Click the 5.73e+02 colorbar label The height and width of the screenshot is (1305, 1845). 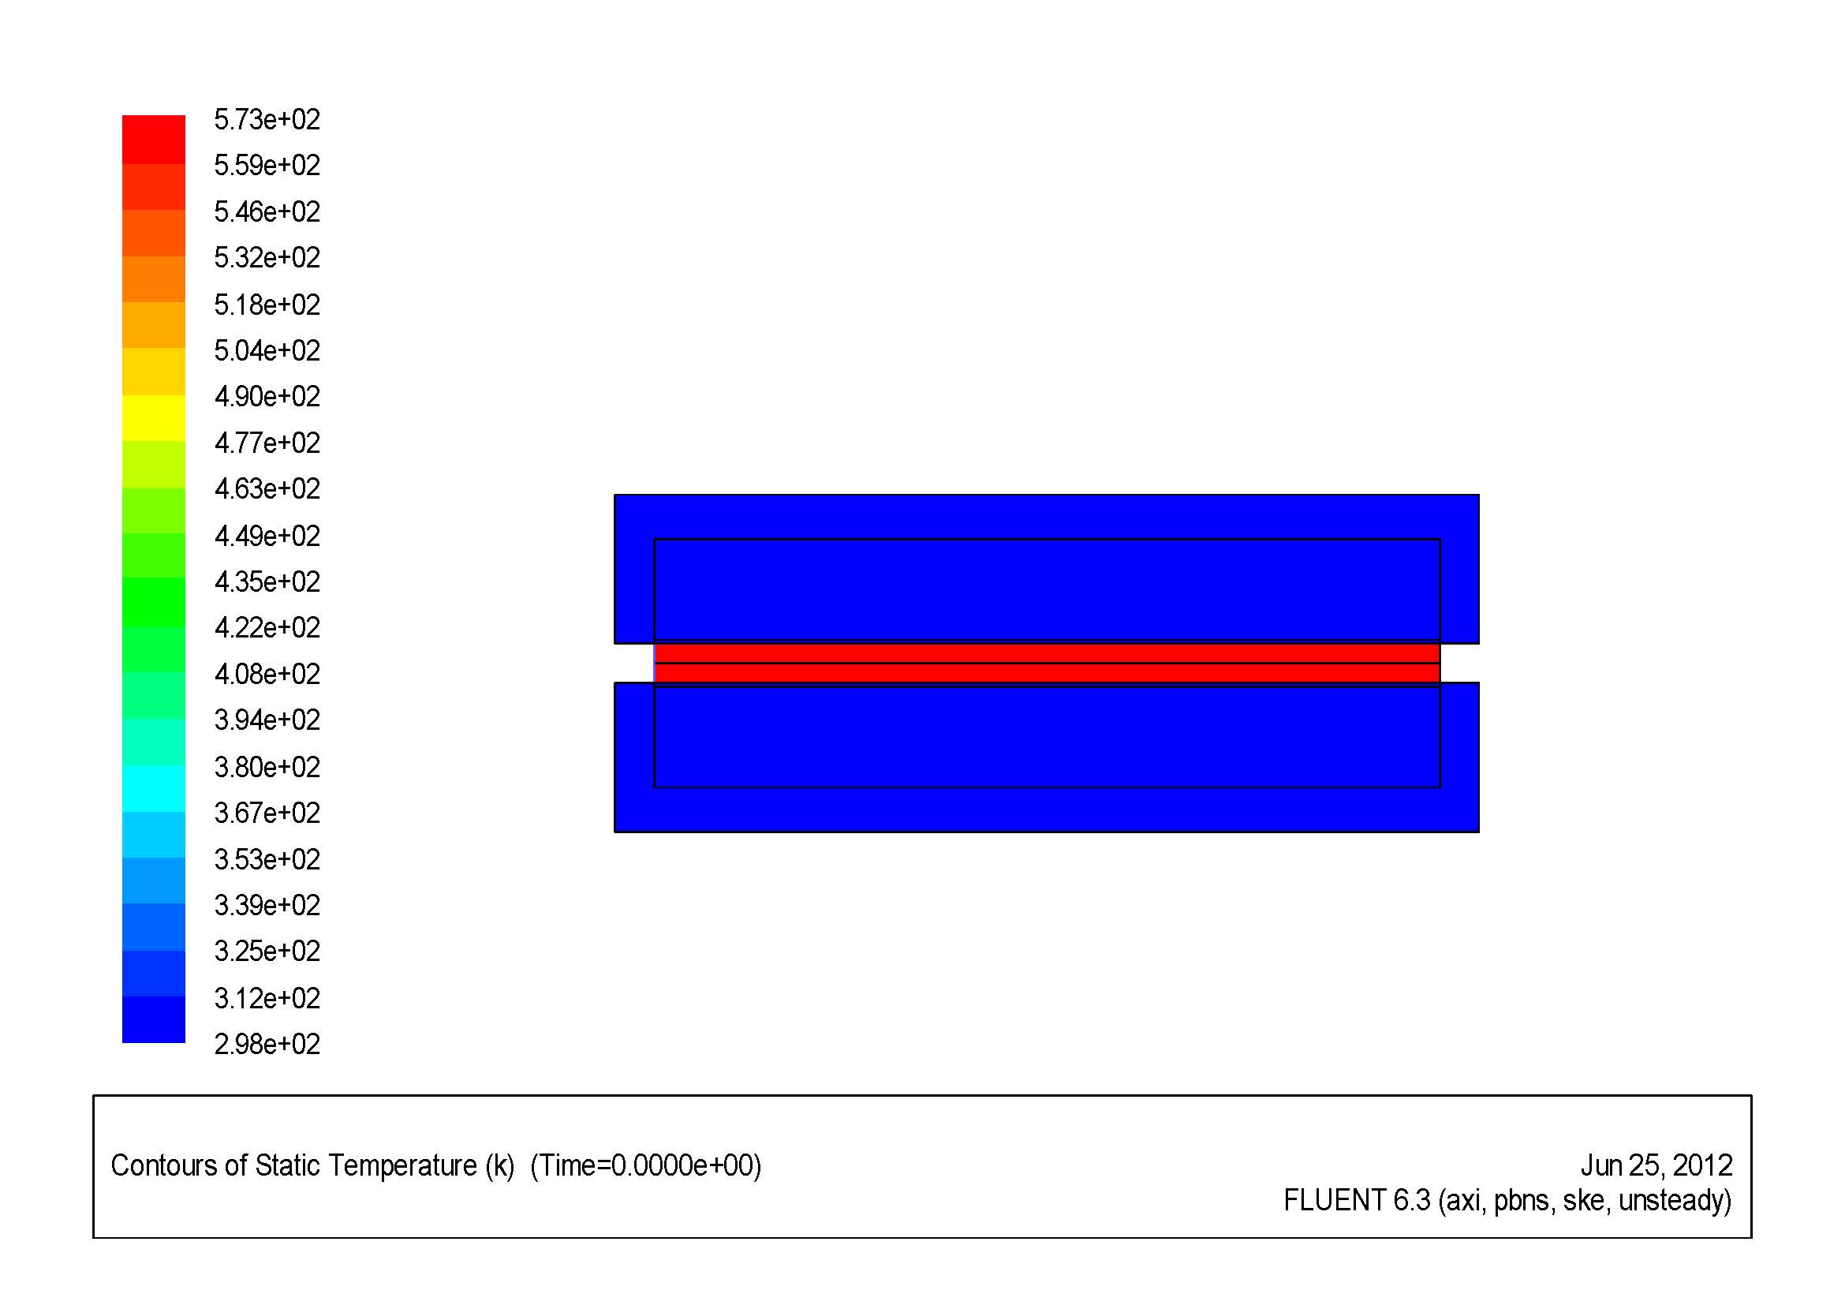pyautogui.click(x=267, y=120)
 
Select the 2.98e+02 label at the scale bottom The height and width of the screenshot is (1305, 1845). pyautogui.click(x=267, y=1044)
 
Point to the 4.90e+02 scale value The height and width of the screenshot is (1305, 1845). pyautogui.click(x=267, y=396)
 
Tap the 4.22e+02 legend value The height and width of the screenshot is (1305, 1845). pyautogui.click(x=267, y=626)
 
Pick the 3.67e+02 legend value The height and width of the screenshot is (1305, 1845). pyautogui.click(x=267, y=813)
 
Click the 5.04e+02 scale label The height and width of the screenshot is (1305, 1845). pyautogui.click(x=267, y=350)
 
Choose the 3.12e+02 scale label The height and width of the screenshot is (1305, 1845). pyautogui.click(x=267, y=998)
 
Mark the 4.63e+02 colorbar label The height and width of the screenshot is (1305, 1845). pyautogui.click(x=267, y=488)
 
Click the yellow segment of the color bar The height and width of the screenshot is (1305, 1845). pyautogui.click(x=154, y=418)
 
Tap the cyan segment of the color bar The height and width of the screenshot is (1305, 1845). pyautogui.click(x=154, y=788)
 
